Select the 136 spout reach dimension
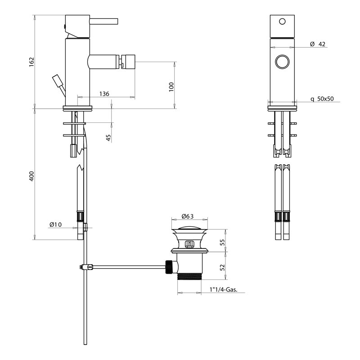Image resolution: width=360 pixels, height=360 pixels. pyautogui.click(x=104, y=94)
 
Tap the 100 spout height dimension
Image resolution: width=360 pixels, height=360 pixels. pyautogui.click(x=171, y=87)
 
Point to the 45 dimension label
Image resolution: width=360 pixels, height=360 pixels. pyautogui.click(x=108, y=137)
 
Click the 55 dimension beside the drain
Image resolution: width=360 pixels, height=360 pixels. pyautogui.click(x=221, y=242)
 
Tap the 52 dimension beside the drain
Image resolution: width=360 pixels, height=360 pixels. pyautogui.click(x=221, y=267)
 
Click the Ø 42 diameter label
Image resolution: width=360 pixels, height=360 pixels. pyautogui.click(x=318, y=44)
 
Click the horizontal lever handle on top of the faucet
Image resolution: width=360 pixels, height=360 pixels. pyautogui.click(x=104, y=21)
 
